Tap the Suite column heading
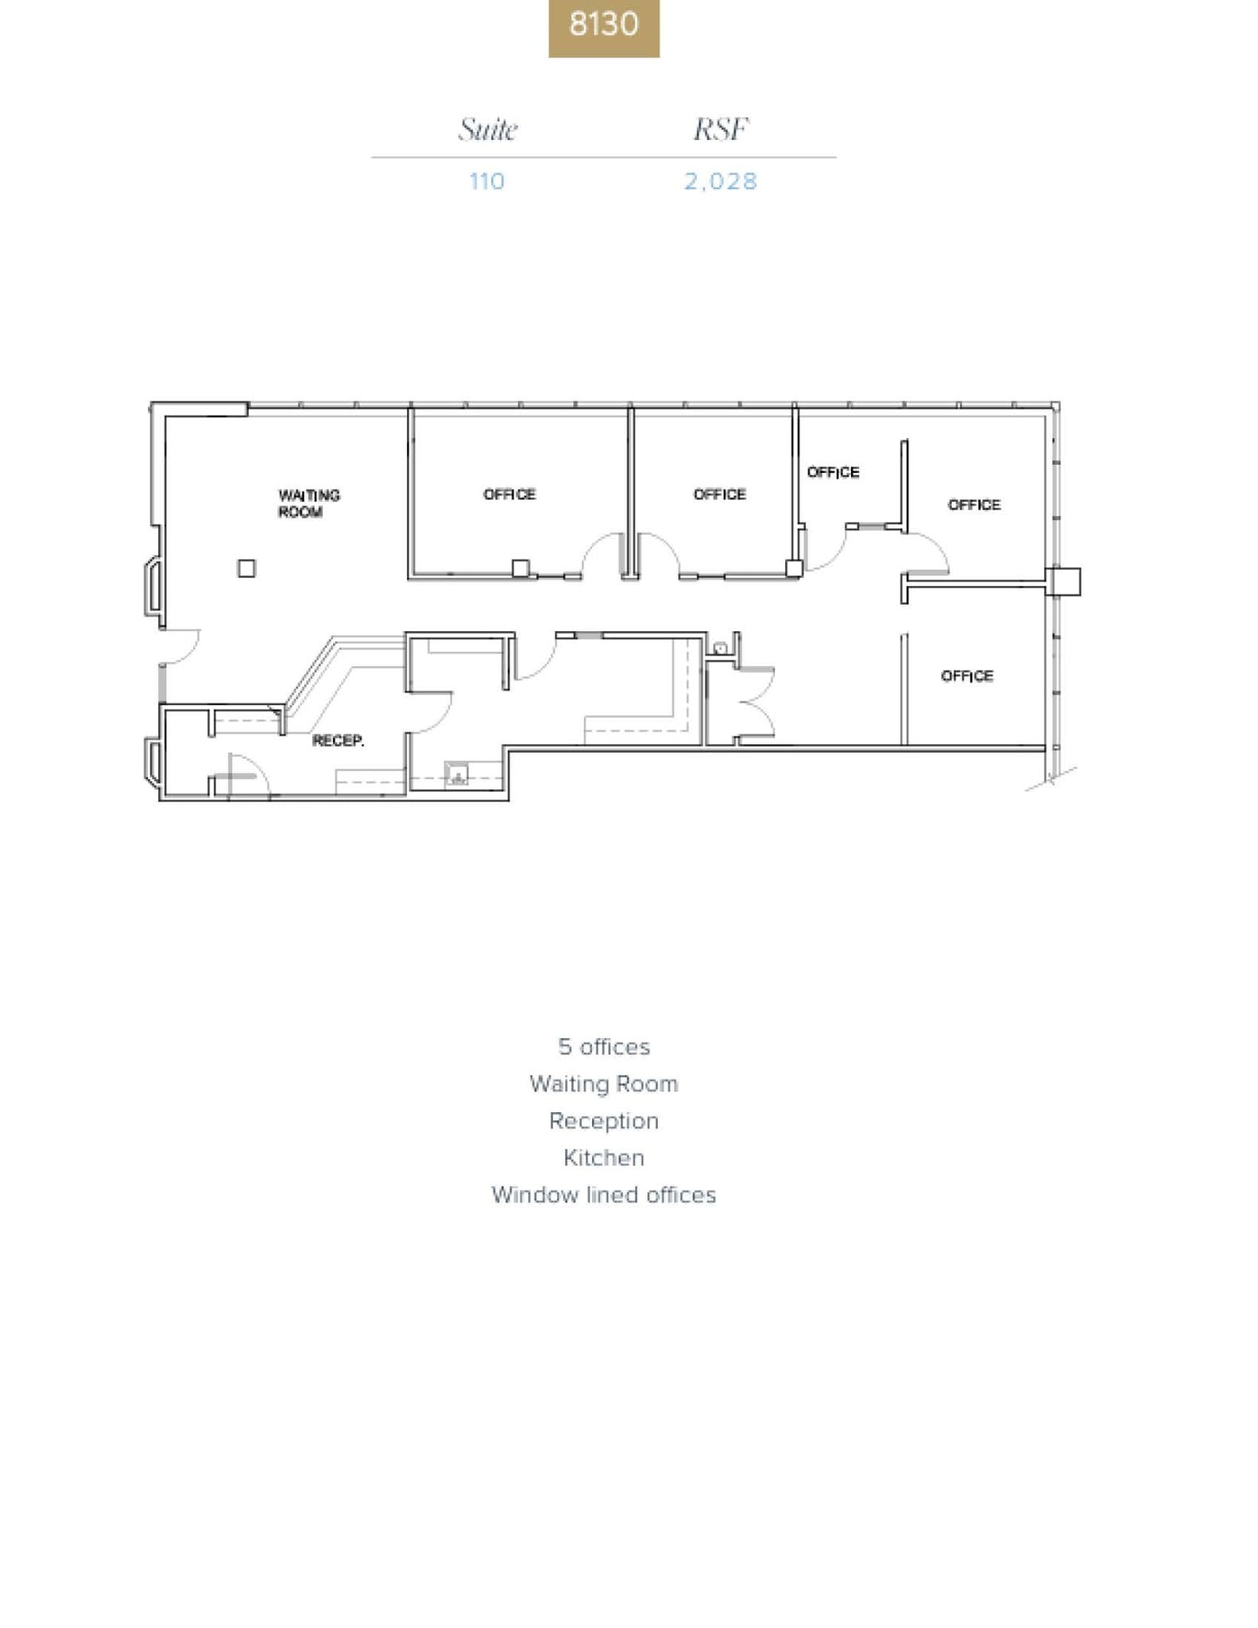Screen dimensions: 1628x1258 click(487, 129)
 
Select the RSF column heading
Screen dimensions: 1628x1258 click(721, 129)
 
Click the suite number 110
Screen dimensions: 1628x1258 click(486, 181)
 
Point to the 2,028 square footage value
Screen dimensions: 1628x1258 click(721, 181)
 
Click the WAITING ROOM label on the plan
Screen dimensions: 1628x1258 click(309, 503)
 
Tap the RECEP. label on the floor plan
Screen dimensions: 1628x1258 click(338, 740)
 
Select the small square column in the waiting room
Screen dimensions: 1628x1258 click(246, 568)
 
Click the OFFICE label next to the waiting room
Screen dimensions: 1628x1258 click(509, 494)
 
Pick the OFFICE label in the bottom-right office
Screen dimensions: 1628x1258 click(966, 676)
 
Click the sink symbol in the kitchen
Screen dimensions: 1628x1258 click(457, 773)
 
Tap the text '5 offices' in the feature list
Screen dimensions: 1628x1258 click(603, 1047)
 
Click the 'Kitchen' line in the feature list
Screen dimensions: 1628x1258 click(603, 1157)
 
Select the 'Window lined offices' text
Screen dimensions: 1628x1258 click(603, 1195)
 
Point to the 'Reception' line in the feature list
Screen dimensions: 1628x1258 click(603, 1121)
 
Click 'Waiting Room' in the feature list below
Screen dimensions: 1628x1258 click(603, 1083)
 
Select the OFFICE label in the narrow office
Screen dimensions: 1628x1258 click(833, 472)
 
